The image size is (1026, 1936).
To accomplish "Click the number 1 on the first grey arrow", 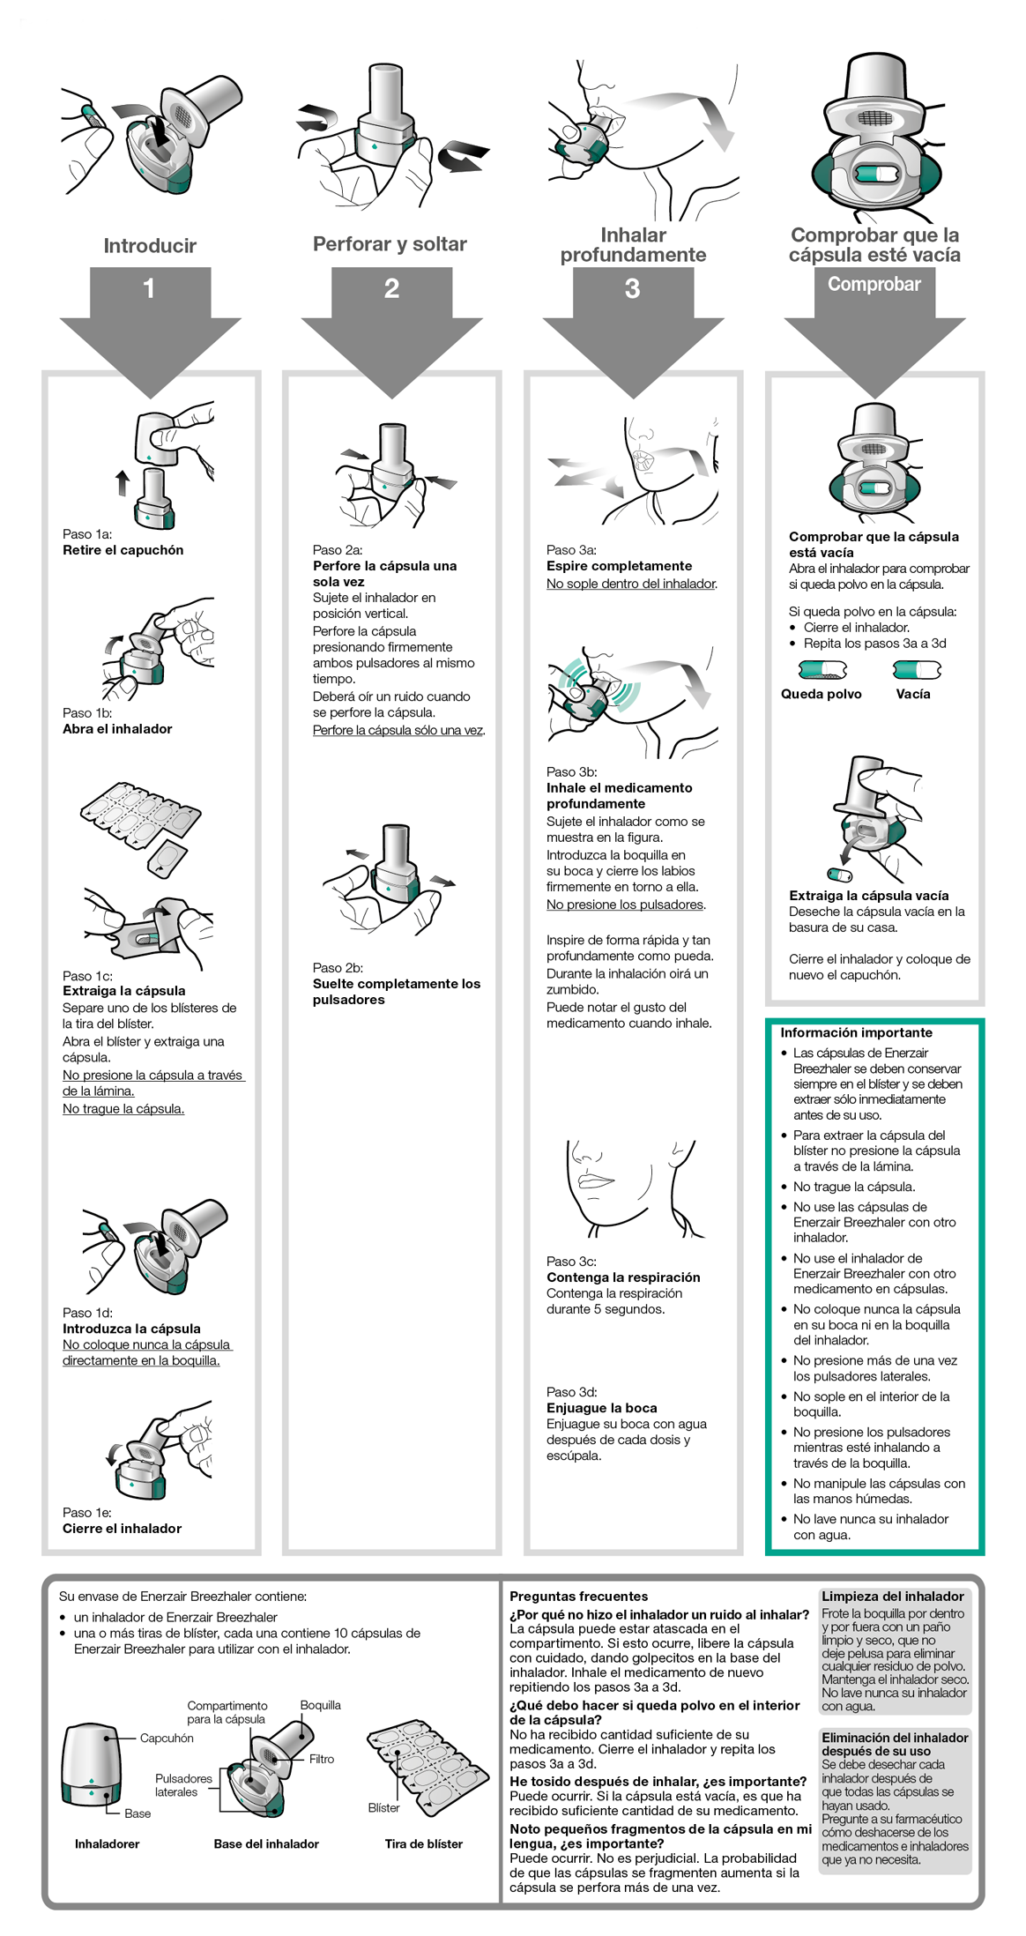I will (149, 288).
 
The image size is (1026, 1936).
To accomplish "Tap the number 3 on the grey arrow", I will (632, 288).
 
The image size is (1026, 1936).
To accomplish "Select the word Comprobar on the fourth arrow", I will (874, 284).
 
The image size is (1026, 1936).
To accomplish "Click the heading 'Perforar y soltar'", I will (390, 244).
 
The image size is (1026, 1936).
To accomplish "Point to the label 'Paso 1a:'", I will (87, 534).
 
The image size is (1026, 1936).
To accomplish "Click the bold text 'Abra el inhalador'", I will (117, 729).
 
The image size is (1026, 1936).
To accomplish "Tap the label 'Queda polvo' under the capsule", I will (821, 694).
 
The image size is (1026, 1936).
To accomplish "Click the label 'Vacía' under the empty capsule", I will (913, 694).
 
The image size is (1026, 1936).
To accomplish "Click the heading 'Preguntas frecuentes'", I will (578, 1597).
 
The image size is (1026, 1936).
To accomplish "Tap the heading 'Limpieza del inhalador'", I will (892, 1597).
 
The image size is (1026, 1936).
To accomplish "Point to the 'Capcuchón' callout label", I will (167, 1739).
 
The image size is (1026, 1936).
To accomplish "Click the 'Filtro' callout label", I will (321, 1759).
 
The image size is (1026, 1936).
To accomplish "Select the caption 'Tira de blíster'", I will (423, 1844).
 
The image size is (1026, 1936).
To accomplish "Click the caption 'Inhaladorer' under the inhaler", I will (107, 1844).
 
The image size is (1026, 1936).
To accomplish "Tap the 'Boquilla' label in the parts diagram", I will (320, 1705).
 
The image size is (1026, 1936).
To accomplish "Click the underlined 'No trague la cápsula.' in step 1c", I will (123, 1109).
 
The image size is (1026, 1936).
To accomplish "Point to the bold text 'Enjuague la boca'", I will (601, 1408).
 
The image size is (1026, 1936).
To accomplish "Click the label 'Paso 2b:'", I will (338, 968).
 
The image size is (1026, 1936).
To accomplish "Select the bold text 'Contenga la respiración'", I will (623, 1277).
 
